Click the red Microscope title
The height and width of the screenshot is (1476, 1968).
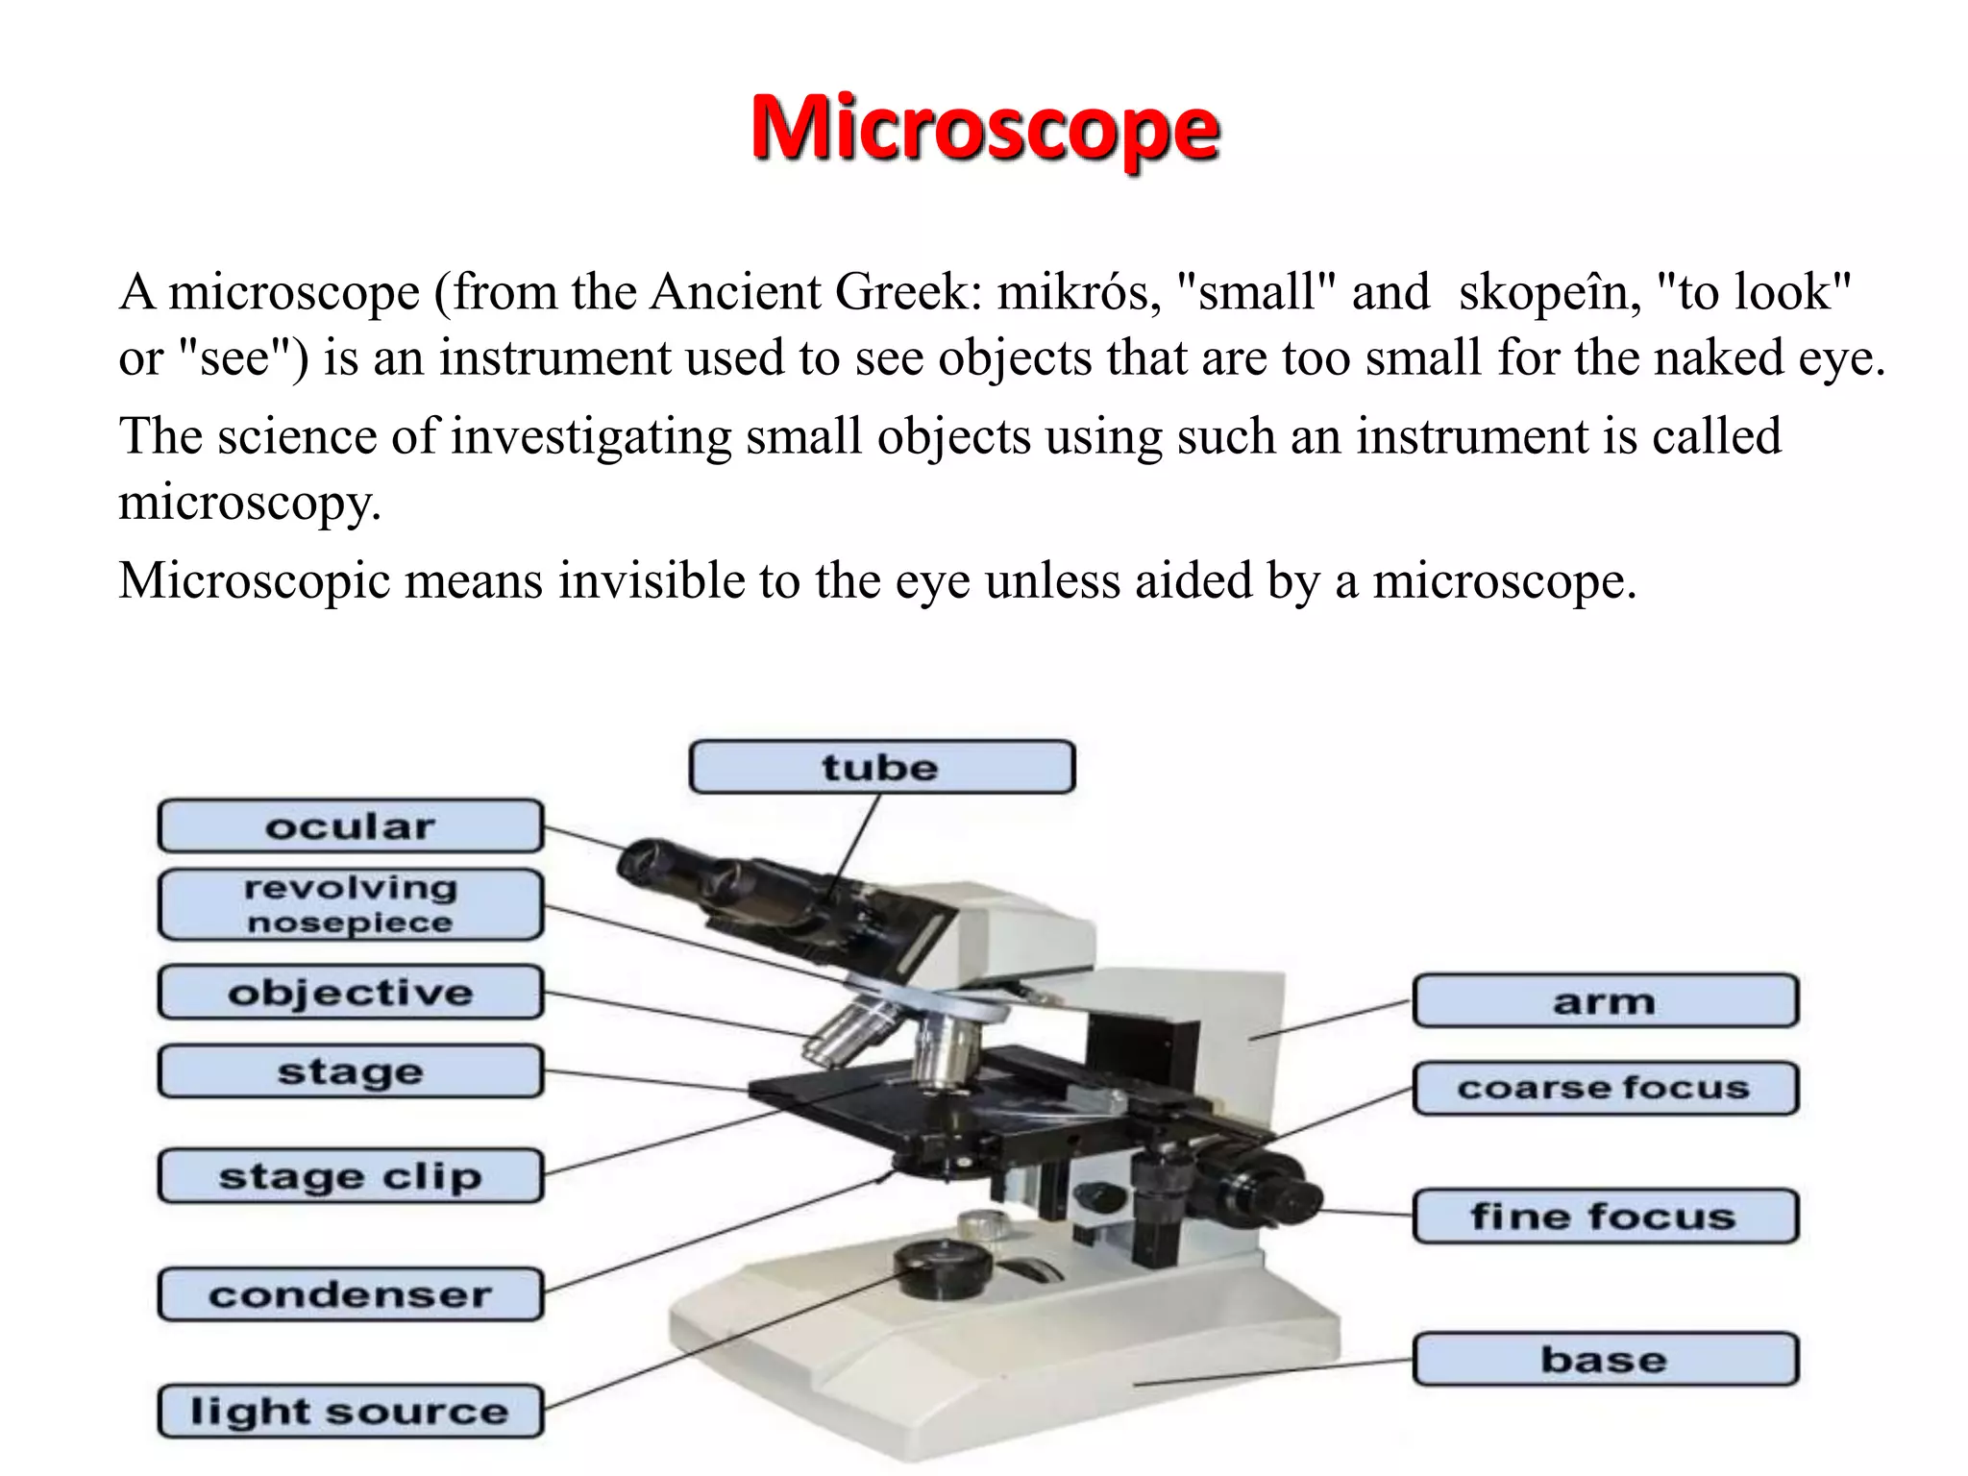(x=984, y=130)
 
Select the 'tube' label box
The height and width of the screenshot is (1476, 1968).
(x=881, y=767)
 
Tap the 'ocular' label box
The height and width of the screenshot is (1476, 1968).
(x=351, y=826)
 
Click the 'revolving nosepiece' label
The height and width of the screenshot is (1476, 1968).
(x=351, y=904)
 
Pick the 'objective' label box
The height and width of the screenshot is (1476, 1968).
(x=351, y=993)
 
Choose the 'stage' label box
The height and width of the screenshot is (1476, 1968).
(x=351, y=1071)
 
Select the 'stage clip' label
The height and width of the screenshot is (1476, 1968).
(x=351, y=1176)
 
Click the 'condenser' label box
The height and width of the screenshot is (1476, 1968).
(x=351, y=1294)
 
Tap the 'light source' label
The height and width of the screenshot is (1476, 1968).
(x=351, y=1411)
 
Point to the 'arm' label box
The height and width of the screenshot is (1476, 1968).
(x=1605, y=1001)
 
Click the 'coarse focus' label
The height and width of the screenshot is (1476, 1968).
(x=1605, y=1088)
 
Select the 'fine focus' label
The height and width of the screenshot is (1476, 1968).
(x=1605, y=1217)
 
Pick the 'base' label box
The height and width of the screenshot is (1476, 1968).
(x=1605, y=1359)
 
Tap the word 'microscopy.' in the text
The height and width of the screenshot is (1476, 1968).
(x=250, y=502)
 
